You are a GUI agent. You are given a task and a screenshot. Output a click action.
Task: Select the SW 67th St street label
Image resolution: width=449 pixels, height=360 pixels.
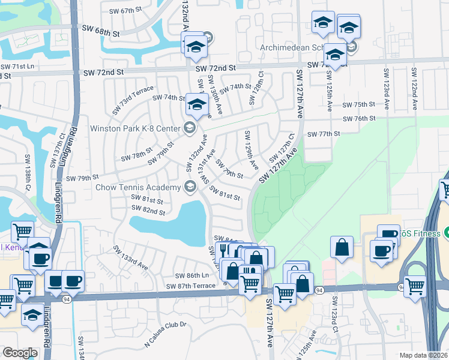tap(124, 11)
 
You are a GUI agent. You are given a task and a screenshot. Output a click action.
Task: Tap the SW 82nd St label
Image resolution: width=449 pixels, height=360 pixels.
tap(148, 212)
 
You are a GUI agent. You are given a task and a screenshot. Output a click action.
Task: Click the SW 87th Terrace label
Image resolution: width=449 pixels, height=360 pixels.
tap(191, 286)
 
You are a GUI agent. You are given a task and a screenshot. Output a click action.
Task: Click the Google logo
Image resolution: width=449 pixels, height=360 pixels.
tap(19, 353)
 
